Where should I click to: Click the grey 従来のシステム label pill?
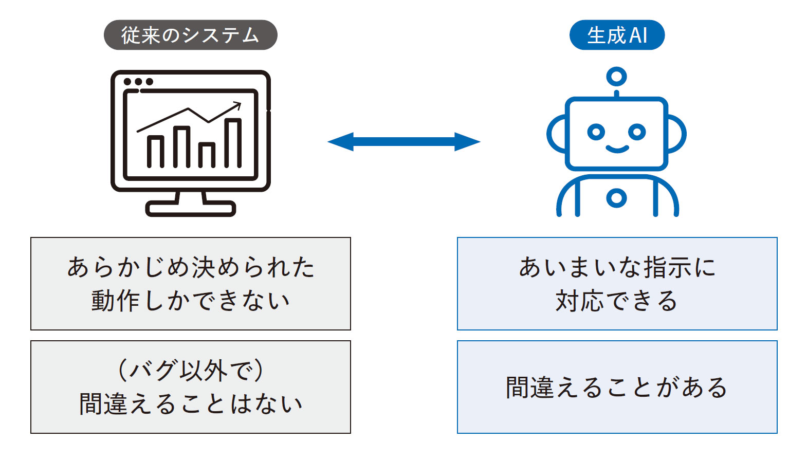click(190, 35)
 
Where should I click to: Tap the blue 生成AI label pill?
click(616, 35)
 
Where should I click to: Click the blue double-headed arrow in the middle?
click(403, 141)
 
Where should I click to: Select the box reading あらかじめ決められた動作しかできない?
click(191, 284)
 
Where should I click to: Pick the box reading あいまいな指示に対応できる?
click(617, 284)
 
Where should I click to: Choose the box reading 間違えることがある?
click(617, 387)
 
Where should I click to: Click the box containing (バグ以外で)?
click(191, 387)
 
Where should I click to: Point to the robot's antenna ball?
click(616, 77)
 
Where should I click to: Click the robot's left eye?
click(596, 132)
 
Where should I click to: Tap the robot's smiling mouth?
click(617, 149)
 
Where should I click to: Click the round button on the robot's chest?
click(616, 198)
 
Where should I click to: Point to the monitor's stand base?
click(190, 208)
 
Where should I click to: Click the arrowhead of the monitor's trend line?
click(236, 105)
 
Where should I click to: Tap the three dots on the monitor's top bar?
click(138, 82)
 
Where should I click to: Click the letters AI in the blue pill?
click(638, 35)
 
